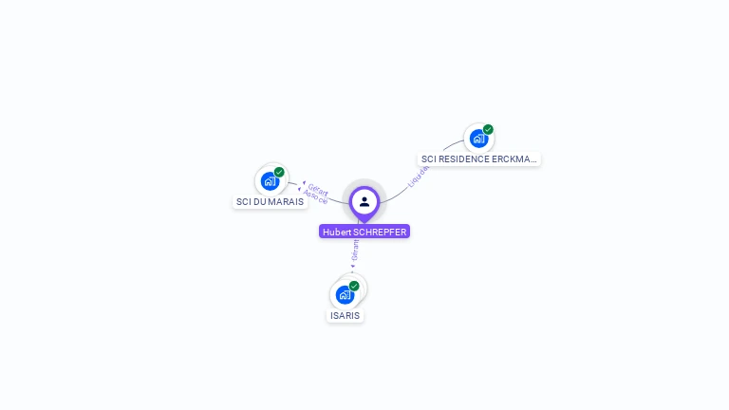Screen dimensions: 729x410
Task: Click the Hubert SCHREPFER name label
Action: click(x=364, y=232)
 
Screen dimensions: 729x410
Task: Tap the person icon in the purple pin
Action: click(x=364, y=201)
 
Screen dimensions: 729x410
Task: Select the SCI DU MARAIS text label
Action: click(x=271, y=202)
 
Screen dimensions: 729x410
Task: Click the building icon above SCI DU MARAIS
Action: click(x=271, y=180)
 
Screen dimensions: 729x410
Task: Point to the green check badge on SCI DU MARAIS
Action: click(x=279, y=172)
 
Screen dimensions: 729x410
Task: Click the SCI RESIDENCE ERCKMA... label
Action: click(x=479, y=159)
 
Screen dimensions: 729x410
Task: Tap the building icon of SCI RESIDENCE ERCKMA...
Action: click(x=478, y=138)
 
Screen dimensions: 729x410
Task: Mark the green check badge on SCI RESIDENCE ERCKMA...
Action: click(x=488, y=129)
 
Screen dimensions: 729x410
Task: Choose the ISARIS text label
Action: click(x=346, y=315)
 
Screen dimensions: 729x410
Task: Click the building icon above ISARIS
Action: click(x=345, y=294)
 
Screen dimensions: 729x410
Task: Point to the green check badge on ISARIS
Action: click(x=354, y=286)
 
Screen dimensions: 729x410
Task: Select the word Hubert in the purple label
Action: click(x=336, y=232)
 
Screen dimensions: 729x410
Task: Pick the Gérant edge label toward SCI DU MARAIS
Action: click(x=318, y=190)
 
